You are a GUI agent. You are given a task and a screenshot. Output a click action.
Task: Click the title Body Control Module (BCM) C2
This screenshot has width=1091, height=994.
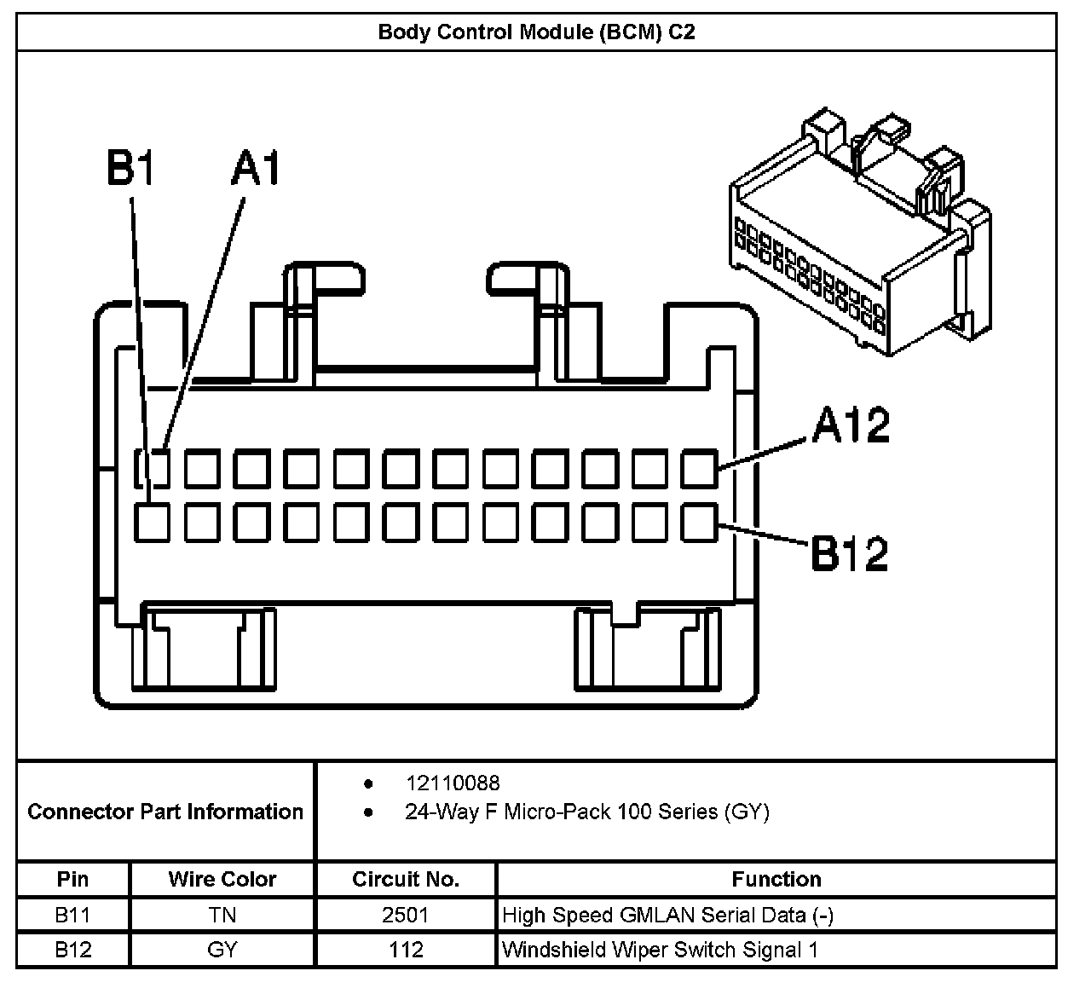click(536, 32)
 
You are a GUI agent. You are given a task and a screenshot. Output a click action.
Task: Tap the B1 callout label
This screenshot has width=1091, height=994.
click(130, 170)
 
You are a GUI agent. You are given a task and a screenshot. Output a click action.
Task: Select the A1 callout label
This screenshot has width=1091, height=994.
click(256, 170)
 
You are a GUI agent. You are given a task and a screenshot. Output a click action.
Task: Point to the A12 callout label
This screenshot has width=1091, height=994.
click(850, 425)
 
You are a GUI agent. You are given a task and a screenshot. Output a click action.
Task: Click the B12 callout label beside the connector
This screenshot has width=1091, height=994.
click(849, 554)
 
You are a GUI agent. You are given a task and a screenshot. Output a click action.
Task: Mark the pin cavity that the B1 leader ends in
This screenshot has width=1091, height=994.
click(152, 522)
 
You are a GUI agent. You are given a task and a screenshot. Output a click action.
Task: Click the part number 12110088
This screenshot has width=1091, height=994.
click(453, 783)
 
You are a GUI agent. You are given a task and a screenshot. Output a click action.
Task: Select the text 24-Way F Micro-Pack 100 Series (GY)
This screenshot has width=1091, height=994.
click(586, 812)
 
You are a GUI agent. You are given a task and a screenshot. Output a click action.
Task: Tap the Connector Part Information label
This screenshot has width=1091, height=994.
click(165, 812)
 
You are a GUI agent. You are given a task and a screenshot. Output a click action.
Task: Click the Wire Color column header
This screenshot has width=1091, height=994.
click(222, 879)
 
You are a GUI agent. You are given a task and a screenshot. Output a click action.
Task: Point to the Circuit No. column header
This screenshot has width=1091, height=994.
click(406, 879)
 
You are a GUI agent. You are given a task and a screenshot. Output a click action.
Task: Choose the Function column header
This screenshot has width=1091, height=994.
click(776, 879)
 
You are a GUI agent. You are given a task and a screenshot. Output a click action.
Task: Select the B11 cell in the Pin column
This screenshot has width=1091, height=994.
click(72, 916)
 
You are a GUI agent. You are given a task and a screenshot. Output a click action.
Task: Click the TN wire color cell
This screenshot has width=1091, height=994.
click(222, 916)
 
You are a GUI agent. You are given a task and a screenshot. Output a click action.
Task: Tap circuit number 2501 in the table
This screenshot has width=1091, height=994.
click(406, 916)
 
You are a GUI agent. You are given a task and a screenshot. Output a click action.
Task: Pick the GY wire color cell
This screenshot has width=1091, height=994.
click(222, 950)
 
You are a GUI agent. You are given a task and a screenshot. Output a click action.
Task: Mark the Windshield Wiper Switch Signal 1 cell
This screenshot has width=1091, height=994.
click(660, 950)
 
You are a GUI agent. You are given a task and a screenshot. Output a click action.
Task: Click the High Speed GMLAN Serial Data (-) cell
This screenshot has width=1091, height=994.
click(667, 916)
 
